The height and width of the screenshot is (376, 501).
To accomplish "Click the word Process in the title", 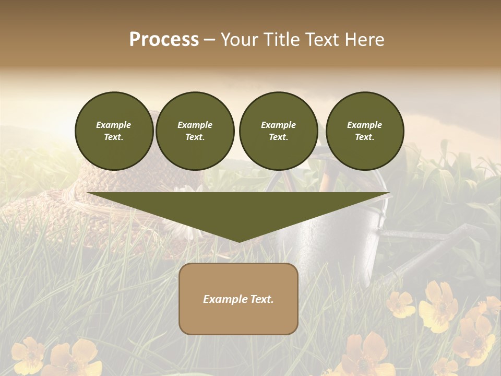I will [164, 40].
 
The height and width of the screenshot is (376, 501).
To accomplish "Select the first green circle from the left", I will [114, 131].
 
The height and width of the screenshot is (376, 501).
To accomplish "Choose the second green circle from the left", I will [195, 131].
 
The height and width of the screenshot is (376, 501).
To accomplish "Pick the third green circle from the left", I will [278, 131].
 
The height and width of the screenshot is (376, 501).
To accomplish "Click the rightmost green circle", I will [364, 131].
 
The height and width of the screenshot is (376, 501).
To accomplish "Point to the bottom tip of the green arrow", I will [238, 242].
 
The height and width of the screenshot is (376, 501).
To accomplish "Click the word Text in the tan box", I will [262, 299].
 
